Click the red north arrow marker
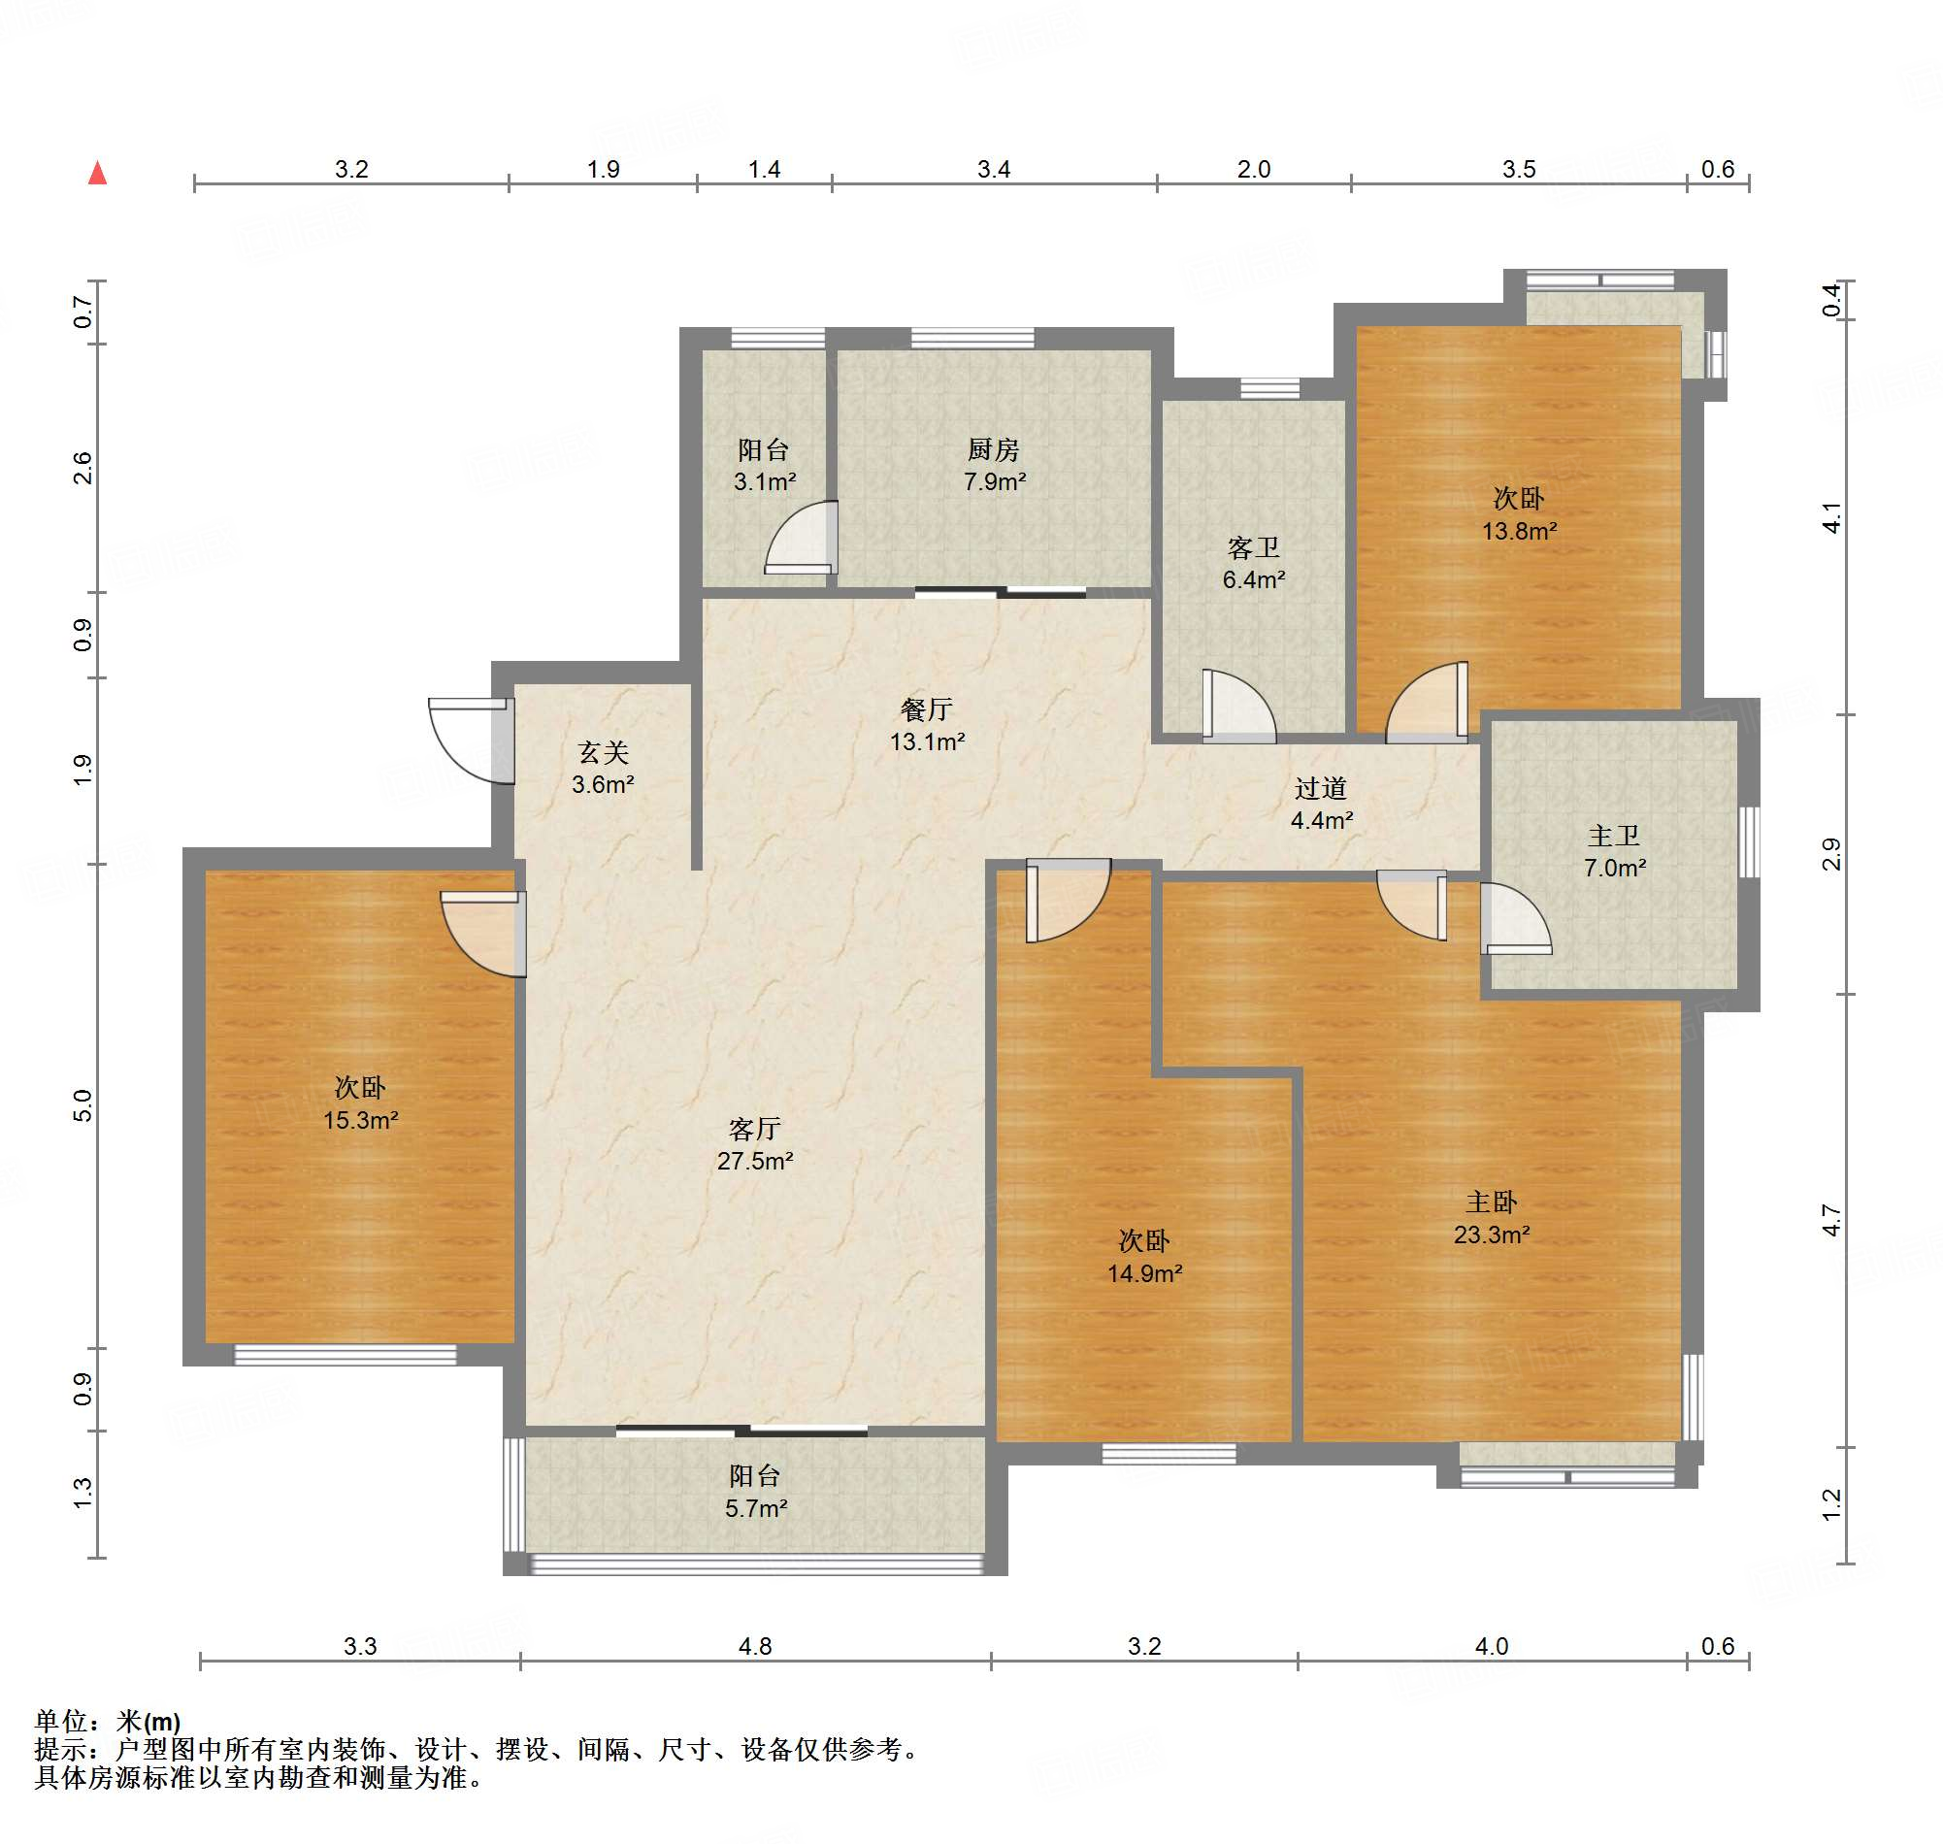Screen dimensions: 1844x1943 97,173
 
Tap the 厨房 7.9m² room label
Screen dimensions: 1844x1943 994,466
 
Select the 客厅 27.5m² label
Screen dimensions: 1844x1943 754,1144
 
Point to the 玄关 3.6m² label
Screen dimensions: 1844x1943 603,769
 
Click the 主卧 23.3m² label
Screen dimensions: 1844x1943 1491,1218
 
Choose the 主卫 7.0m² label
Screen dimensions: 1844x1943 1614,851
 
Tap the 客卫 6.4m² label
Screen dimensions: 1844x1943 1253,563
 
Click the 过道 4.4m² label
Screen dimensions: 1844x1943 1320,804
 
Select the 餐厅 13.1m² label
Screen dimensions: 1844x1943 926,725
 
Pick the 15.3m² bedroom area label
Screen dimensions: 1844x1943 360,1120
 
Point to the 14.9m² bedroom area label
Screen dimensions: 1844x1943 1144,1273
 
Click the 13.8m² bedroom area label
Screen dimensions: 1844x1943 1519,531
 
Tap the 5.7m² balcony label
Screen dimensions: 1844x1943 755,1508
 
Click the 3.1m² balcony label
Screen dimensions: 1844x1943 764,481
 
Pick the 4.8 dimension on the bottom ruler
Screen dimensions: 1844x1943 755,1646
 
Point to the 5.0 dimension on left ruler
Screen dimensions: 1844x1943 82,1104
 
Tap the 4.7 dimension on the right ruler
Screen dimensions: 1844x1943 1830,1220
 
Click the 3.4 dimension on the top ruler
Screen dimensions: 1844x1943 993,169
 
